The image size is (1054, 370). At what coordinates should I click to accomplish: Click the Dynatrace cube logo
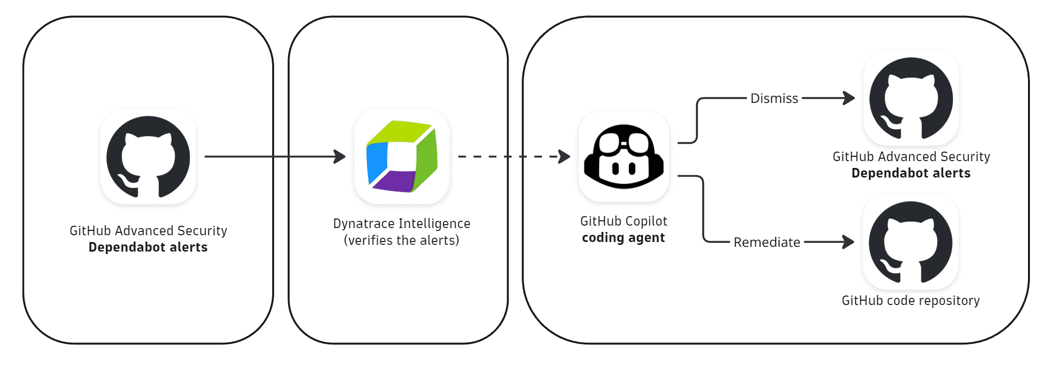[x=402, y=156]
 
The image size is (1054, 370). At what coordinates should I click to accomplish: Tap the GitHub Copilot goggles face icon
[x=624, y=156]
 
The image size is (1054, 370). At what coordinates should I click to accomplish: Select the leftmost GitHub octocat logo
[x=148, y=157]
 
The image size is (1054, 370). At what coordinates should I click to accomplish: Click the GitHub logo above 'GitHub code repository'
[x=910, y=242]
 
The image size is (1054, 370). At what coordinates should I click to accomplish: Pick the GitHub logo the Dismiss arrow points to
[x=911, y=98]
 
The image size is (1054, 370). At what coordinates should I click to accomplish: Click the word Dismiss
[x=774, y=99]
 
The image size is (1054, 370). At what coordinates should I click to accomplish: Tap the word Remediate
[x=766, y=242]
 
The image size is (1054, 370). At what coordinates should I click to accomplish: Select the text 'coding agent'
[x=623, y=238]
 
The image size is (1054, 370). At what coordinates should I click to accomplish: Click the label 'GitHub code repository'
[x=910, y=301]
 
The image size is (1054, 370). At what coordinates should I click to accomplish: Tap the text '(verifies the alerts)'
[x=401, y=240]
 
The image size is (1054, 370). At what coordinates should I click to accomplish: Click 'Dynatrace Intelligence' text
[x=401, y=224]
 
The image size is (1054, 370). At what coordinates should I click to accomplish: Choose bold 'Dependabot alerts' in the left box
[x=148, y=247]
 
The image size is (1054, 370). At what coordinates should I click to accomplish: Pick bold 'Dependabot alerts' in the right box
[x=911, y=173]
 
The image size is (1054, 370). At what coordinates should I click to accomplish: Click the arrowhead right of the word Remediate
[x=849, y=242]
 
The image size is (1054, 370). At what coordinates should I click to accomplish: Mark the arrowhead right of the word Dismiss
[x=849, y=98]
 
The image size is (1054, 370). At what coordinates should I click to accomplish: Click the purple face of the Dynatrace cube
[x=393, y=181]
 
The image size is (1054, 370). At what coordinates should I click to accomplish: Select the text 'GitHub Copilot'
[x=623, y=221]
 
